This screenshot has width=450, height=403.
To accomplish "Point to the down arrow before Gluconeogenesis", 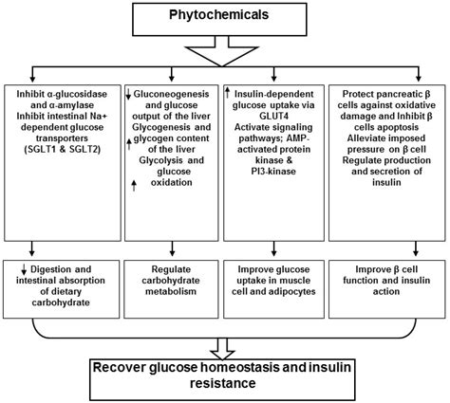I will coord(129,96).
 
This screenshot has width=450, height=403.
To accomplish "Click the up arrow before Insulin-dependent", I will coord(228,93).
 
